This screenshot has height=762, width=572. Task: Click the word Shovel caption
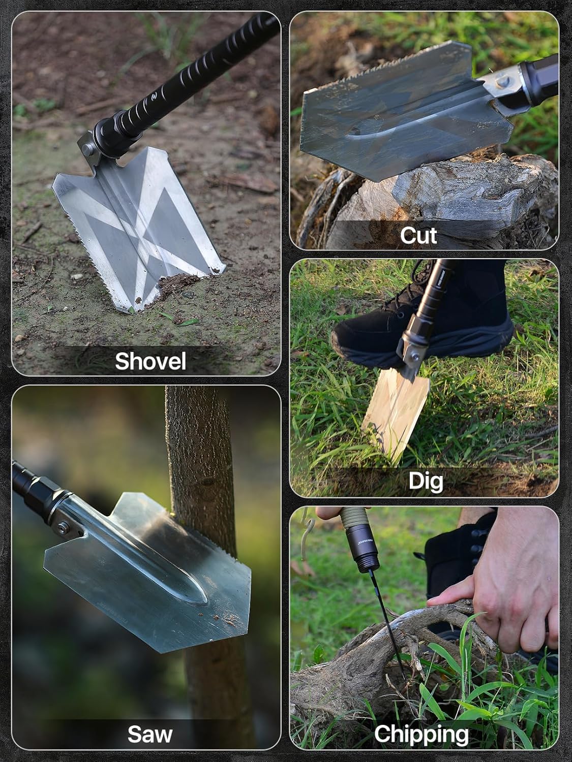tap(150, 361)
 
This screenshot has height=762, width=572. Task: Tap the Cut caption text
tap(418, 235)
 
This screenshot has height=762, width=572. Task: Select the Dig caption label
tap(426, 481)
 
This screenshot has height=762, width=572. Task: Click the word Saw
tap(149, 734)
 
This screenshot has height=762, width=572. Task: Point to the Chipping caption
tap(421, 734)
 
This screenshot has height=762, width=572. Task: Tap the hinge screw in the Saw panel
tap(62, 528)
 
